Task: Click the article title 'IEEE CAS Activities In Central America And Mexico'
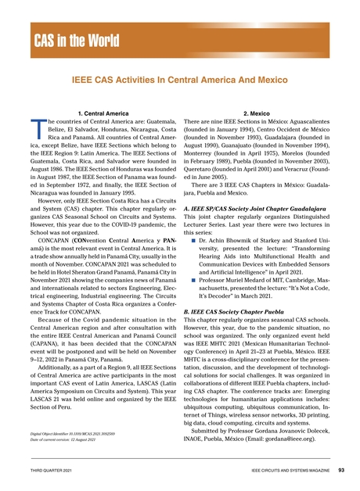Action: (x=179, y=81)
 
